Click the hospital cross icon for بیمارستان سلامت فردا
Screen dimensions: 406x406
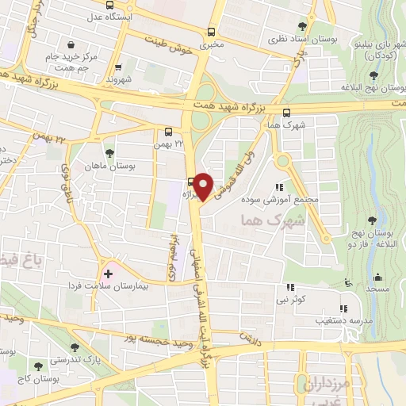pos(108,273)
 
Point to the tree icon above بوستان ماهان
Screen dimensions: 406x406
pos(109,153)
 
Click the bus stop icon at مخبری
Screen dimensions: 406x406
pos(211,33)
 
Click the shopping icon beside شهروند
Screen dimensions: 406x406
pos(118,67)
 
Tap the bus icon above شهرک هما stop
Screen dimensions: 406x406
pos(287,113)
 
